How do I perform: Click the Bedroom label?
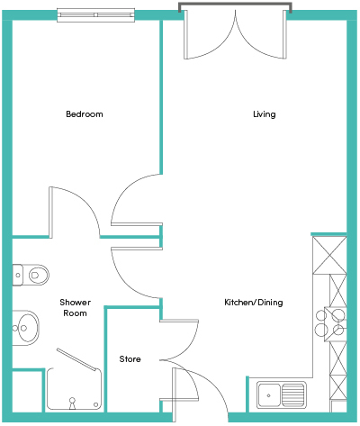85,114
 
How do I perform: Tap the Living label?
265,114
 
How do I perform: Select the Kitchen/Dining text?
254,302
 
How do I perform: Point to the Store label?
130,358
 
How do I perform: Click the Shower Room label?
75,307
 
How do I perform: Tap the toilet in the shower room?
31,275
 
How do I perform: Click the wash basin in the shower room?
26,328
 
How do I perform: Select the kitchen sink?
282,394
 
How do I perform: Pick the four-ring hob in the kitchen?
330,324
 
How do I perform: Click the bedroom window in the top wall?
96,15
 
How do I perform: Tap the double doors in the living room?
235,34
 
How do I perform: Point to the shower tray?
74,389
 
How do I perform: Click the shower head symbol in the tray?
72,403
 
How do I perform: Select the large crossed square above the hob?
329,255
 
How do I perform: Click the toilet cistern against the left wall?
17,275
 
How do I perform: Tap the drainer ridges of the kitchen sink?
293,394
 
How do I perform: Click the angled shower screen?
78,359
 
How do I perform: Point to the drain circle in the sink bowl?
268,395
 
